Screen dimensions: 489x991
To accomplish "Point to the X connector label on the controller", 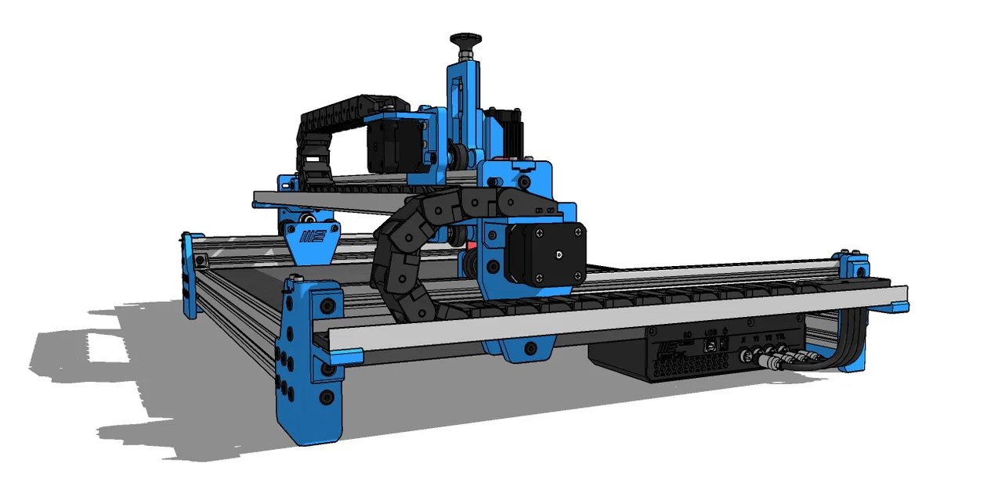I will (742, 339).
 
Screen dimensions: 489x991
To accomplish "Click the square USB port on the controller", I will (711, 344).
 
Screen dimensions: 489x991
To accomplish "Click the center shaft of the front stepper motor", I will (557, 253).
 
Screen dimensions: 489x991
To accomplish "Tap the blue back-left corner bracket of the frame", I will (188, 274).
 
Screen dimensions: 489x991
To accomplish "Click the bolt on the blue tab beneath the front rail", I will (530, 347).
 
